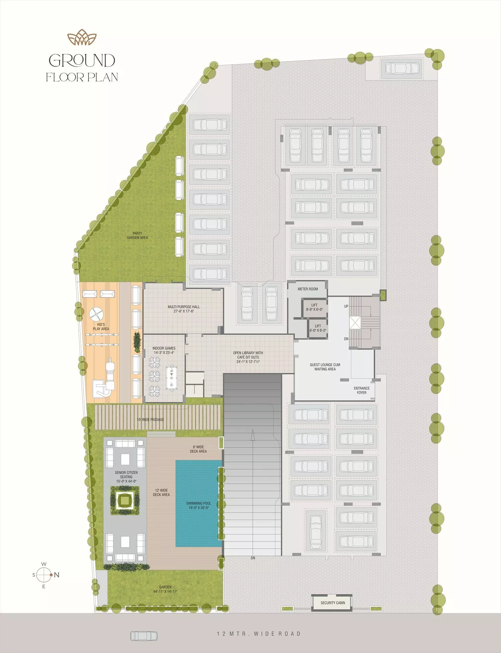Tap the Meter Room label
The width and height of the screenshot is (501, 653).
[308, 289]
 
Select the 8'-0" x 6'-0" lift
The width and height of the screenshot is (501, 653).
[314, 307]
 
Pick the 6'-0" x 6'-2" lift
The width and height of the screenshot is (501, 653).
[318, 329]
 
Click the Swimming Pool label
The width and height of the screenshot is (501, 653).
[199, 505]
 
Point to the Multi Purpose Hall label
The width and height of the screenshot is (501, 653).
[184, 309]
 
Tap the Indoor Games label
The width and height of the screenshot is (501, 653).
[164, 350]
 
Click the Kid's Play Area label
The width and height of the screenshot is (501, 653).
[101, 326]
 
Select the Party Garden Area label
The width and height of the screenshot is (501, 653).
[137, 235]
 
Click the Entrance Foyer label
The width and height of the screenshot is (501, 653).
[362, 390]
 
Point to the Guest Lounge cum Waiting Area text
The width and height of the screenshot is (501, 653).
[325, 367]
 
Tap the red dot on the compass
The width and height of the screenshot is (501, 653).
[51, 575]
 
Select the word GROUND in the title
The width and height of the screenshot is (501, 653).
[82, 60]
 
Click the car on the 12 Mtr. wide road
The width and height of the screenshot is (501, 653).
[144, 636]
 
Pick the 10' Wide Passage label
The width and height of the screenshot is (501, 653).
[150, 420]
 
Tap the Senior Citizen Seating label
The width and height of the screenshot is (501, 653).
[126, 477]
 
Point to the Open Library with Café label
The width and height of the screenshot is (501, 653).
[248, 357]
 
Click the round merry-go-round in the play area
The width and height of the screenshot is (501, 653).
[96, 314]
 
